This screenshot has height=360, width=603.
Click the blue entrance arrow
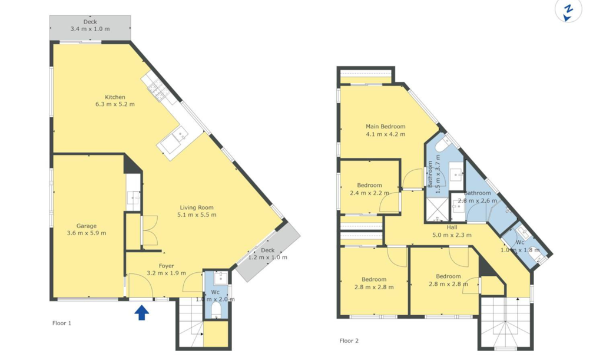pyautogui.click(x=141, y=312)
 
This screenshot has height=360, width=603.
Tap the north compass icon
pyautogui.click(x=568, y=11)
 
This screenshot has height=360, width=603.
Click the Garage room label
pyautogui.click(x=87, y=226)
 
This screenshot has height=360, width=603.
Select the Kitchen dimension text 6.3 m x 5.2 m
pyautogui.click(x=115, y=104)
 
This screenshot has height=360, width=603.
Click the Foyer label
pyautogui.click(x=167, y=266)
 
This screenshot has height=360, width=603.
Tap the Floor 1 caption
pyautogui.click(x=62, y=323)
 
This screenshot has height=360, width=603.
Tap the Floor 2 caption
pyautogui.click(x=349, y=341)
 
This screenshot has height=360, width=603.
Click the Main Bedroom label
pyautogui.click(x=385, y=126)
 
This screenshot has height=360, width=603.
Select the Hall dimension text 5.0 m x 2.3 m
pyautogui.click(x=452, y=235)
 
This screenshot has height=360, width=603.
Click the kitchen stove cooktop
pyautogui.click(x=158, y=90)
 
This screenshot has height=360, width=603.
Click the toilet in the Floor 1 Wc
pyautogui.click(x=216, y=309)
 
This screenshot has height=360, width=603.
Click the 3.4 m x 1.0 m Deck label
pyautogui.click(x=90, y=25)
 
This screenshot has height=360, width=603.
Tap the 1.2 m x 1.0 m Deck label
pyautogui.click(x=268, y=254)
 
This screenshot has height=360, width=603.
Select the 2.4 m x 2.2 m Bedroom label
pyautogui.click(x=369, y=189)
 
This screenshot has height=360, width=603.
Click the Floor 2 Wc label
pyautogui.click(x=520, y=242)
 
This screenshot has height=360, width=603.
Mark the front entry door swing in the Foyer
pyautogui.click(x=140, y=285)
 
